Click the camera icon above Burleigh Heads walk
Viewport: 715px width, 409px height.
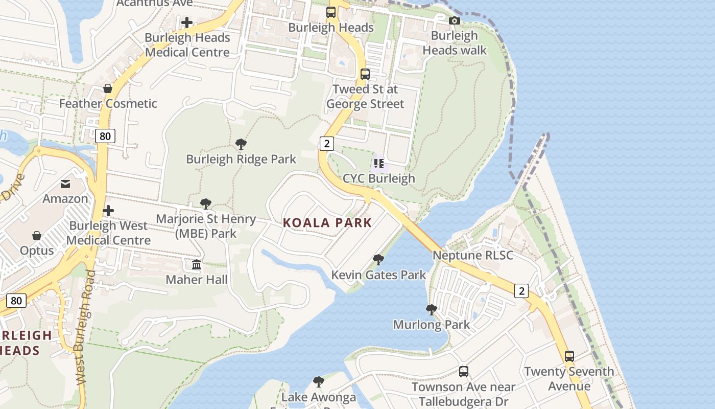454,20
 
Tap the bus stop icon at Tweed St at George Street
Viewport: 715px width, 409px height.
365,74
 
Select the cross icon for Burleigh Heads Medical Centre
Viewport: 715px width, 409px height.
187,22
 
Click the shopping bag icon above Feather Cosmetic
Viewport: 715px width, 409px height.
108,88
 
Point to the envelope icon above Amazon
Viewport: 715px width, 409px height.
65,184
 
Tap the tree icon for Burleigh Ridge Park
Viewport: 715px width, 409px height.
241,144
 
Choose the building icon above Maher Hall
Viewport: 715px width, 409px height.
197,264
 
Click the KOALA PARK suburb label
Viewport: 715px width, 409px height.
327,223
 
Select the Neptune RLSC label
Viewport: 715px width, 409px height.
473,255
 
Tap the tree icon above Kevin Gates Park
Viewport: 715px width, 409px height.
378,260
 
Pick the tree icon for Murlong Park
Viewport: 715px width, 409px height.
432,309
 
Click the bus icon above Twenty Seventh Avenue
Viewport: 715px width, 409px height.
569,356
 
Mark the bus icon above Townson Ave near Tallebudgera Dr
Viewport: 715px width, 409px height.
463,371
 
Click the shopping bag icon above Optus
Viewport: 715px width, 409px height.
37,235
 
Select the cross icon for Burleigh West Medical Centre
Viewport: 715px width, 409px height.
108,211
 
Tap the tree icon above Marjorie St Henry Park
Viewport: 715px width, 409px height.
206,204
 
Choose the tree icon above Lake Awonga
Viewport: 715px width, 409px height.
319,381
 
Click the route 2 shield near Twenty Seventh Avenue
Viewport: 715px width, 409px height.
521,291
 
